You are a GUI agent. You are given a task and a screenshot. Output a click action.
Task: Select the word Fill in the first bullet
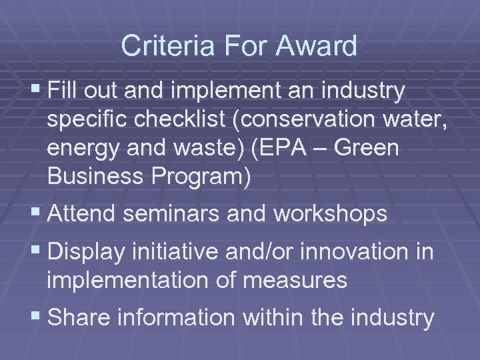pos(65,91)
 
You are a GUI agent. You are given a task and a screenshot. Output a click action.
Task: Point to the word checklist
pos(191,121)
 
